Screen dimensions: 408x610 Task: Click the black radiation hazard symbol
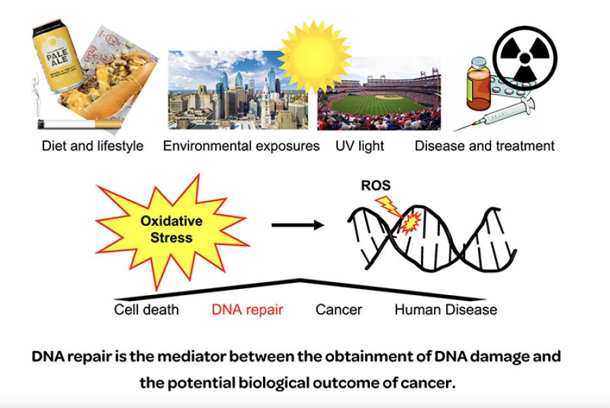[524, 58]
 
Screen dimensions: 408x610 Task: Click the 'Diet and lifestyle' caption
[92, 146]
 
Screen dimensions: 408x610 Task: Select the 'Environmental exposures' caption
[241, 146]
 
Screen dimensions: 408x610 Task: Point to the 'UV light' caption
[360, 146]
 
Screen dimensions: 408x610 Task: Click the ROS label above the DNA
[376, 186]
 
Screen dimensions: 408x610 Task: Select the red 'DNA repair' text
[247, 310]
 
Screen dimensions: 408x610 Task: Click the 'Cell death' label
[146, 310]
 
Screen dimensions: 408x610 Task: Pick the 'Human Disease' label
[445, 310]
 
